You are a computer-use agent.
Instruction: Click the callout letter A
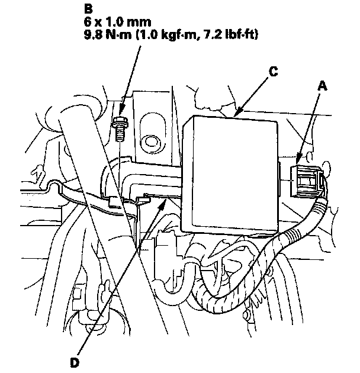click(323, 85)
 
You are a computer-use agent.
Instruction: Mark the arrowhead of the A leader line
click(298, 160)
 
